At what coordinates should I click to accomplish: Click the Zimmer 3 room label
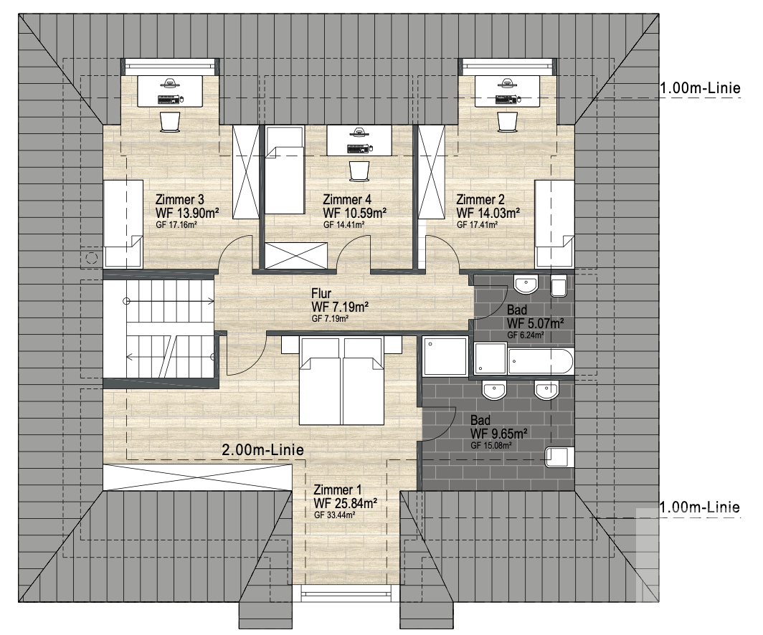point(179,199)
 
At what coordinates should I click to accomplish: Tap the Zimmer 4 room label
point(347,199)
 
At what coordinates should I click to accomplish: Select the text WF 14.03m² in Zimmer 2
point(488,212)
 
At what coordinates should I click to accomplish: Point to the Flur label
point(321,294)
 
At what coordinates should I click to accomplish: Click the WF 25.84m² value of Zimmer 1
point(346,502)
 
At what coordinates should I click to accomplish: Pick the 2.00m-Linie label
point(262,450)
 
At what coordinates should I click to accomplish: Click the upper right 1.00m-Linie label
point(700,88)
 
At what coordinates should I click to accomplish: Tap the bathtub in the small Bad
point(541,361)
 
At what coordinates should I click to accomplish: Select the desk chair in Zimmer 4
point(359,171)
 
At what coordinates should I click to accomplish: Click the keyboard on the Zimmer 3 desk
point(169,99)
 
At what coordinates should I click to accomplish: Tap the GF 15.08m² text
point(490,445)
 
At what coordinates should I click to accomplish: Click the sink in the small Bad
point(526,285)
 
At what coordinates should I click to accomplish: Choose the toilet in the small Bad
point(559,287)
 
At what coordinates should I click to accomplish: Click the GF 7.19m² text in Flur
point(330,319)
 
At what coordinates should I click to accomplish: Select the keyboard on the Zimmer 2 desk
point(506,99)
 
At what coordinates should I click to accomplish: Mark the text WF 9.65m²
point(499,433)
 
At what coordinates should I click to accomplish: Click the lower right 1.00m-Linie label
point(700,507)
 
